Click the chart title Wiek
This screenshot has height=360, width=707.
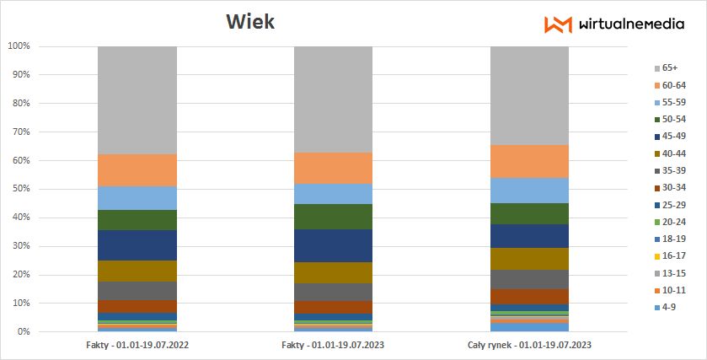(x=250, y=22)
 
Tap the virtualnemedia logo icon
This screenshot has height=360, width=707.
(x=558, y=24)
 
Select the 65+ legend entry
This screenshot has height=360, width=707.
(x=670, y=67)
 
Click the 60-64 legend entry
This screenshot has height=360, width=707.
(x=673, y=85)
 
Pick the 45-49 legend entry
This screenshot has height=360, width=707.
(x=673, y=136)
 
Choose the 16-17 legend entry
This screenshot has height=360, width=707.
(x=673, y=255)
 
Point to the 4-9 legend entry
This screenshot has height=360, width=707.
(x=670, y=307)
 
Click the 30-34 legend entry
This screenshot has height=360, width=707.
(x=673, y=187)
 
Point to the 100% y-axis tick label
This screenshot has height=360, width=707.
(x=19, y=46)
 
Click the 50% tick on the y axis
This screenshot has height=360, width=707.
(x=21, y=189)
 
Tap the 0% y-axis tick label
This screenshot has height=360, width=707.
(x=24, y=331)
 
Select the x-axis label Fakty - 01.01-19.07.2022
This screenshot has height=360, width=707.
(x=137, y=345)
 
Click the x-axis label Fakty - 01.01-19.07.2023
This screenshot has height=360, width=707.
(x=334, y=345)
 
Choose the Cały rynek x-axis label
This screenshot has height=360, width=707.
(x=529, y=345)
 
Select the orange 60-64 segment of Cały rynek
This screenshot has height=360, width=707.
(x=529, y=161)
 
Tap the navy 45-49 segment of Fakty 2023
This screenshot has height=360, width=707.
(x=334, y=245)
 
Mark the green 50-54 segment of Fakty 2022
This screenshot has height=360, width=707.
(x=137, y=219)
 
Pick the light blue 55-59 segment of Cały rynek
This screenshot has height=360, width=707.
(x=529, y=190)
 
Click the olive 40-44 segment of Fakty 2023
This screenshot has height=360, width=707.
(x=334, y=272)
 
